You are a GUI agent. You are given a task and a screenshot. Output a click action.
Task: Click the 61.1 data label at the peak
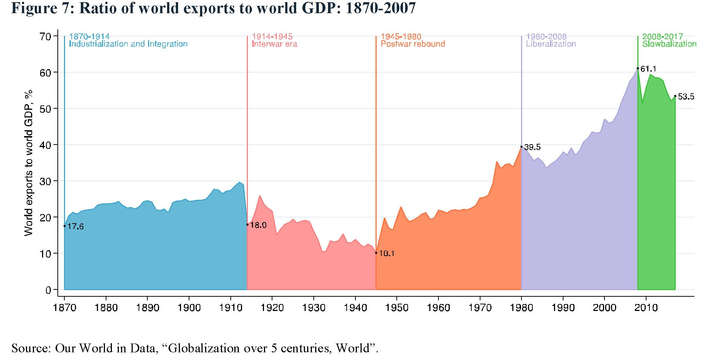(x=648, y=69)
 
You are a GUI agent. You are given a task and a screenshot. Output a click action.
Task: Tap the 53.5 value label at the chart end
(x=686, y=97)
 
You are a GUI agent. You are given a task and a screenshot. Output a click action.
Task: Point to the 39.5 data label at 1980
(x=532, y=147)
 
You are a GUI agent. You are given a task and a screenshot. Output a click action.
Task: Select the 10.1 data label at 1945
(x=387, y=253)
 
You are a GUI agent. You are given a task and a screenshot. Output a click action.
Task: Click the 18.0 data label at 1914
(x=258, y=225)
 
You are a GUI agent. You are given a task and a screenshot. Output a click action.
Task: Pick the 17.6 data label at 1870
(x=75, y=226)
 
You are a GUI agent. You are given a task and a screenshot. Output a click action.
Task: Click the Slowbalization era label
(x=669, y=44)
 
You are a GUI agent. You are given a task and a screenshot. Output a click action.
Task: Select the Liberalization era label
(x=551, y=44)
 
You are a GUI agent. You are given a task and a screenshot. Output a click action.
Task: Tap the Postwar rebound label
(x=413, y=44)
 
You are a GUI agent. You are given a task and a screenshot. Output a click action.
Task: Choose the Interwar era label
(x=275, y=44)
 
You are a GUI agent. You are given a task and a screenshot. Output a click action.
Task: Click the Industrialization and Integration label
(x=128, y=44)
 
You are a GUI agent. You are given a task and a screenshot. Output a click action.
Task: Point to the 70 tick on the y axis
(x=45, y=36)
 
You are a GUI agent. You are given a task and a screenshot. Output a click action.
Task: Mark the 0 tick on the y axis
(x=48, y=290)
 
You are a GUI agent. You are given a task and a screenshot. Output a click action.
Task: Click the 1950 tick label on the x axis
(x=397, y=308)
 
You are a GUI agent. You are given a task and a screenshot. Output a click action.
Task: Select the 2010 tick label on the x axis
(x=646, y=308)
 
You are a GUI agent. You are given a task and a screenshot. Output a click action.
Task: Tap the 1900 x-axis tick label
(x=189, y=308)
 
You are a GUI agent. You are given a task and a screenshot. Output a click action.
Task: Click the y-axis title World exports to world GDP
(x=29, y=163)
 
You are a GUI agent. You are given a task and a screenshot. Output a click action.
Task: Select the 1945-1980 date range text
(x=401, y=37)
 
